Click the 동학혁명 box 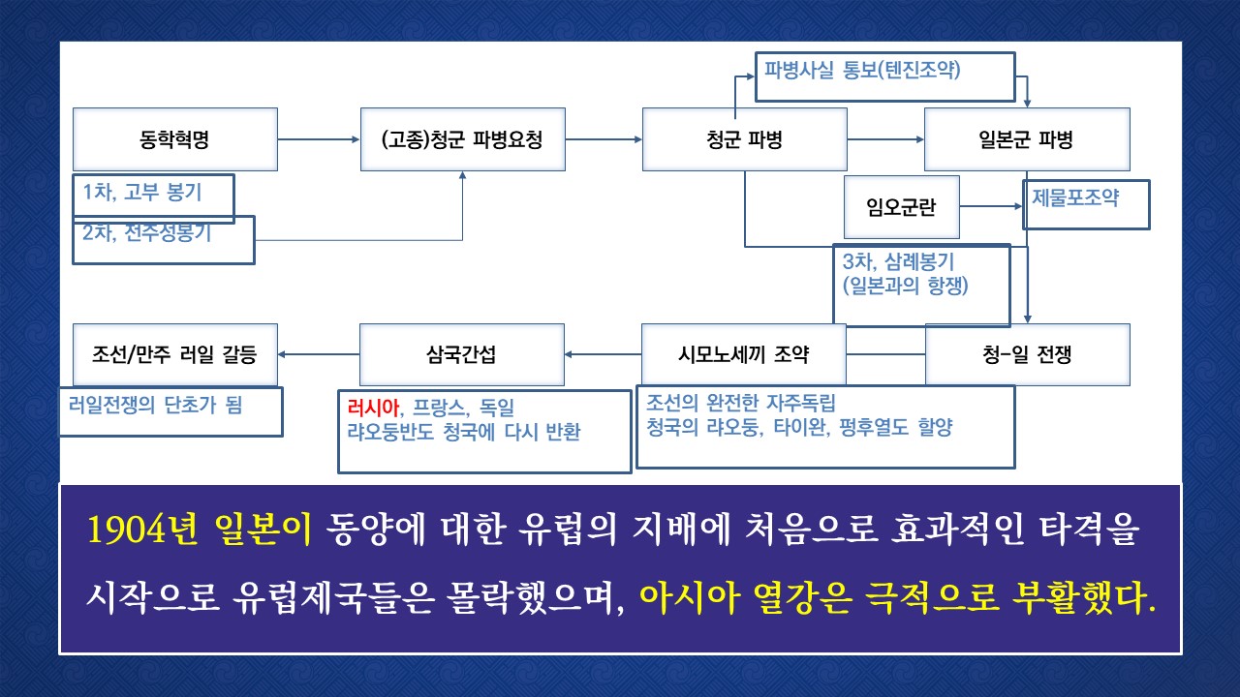point(175,139)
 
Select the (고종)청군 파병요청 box point(463,139)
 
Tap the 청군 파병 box point(745,139)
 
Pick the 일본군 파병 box point(1027,139)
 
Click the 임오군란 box point(902,207)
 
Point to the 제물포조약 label point(1075,197)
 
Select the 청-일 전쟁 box point(1028,354)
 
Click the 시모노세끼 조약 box point(744,354)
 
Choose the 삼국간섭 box point(462,354)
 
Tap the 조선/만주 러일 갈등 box point(175,354)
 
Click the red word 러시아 point(373,408)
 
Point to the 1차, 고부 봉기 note point(142,192)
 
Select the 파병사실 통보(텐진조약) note point(862,70)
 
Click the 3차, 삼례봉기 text point(898,261)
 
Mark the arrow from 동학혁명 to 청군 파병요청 point(319,139)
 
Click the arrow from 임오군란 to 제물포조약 point(991,206)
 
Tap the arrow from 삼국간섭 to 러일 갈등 point(319,354)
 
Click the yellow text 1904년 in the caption point(142,529)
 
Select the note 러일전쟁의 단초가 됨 point(156,405)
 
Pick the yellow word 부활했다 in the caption point(1084,598)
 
